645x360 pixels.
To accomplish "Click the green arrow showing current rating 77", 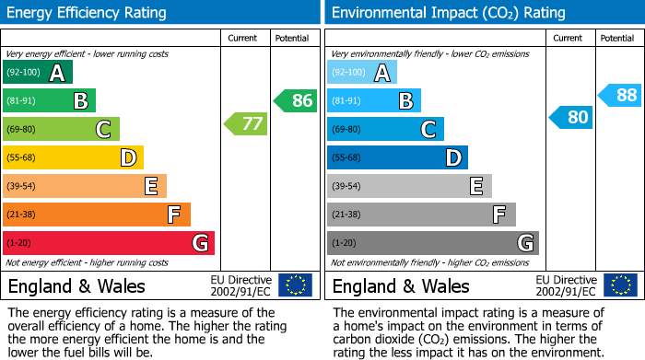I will click(x=245, y=123).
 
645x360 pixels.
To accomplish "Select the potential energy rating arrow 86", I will click(x=296, y=100).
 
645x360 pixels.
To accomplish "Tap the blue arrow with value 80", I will click(x=570, y=117).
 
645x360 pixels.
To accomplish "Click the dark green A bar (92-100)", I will click(x=38, y=73).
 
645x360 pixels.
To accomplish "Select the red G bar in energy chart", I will click(x=109, y=243).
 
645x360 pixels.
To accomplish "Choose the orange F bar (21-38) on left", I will click(x=97, y=215).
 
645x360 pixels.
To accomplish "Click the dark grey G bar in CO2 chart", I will click(x=432, y=243).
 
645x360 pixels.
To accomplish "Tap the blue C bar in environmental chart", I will click(x=385, y=129).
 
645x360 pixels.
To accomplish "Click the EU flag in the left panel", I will click(x=295, y=285).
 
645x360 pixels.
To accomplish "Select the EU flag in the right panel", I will click(x=619, y=285).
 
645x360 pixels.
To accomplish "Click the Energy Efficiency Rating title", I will click(x=88, y=13).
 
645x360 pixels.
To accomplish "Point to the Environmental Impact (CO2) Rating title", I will click(x=447, y=13).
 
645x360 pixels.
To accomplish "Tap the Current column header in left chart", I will click(x=244, y=38).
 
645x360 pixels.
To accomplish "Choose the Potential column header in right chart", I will click(x=617, y=38).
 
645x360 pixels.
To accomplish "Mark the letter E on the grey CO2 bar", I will click(x=475, y=186).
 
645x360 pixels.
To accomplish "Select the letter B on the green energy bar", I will click(x=81, y=101).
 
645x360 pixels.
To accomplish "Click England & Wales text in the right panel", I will click(x=401, y=285).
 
